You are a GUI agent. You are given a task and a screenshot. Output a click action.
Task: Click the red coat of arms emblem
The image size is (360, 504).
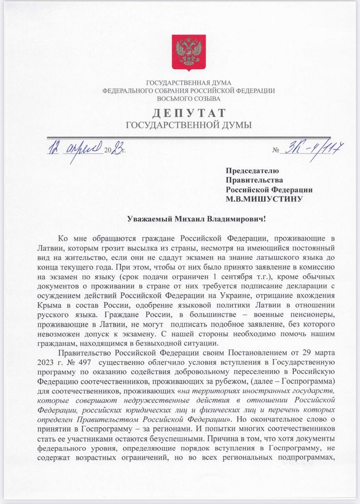tap(189, 53)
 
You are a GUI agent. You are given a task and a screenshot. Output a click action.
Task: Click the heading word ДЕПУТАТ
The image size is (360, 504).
tap(189, 113)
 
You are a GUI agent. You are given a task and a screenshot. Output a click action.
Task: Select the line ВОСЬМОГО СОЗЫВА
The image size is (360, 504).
tap(189, 98)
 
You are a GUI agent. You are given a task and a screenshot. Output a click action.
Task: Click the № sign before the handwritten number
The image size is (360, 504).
tap(275, 150)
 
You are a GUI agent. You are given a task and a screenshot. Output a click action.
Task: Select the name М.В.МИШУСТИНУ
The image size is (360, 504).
tap(264, 199)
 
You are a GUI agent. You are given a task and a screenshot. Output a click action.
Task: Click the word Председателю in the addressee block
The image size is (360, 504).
tap(252, 171)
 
